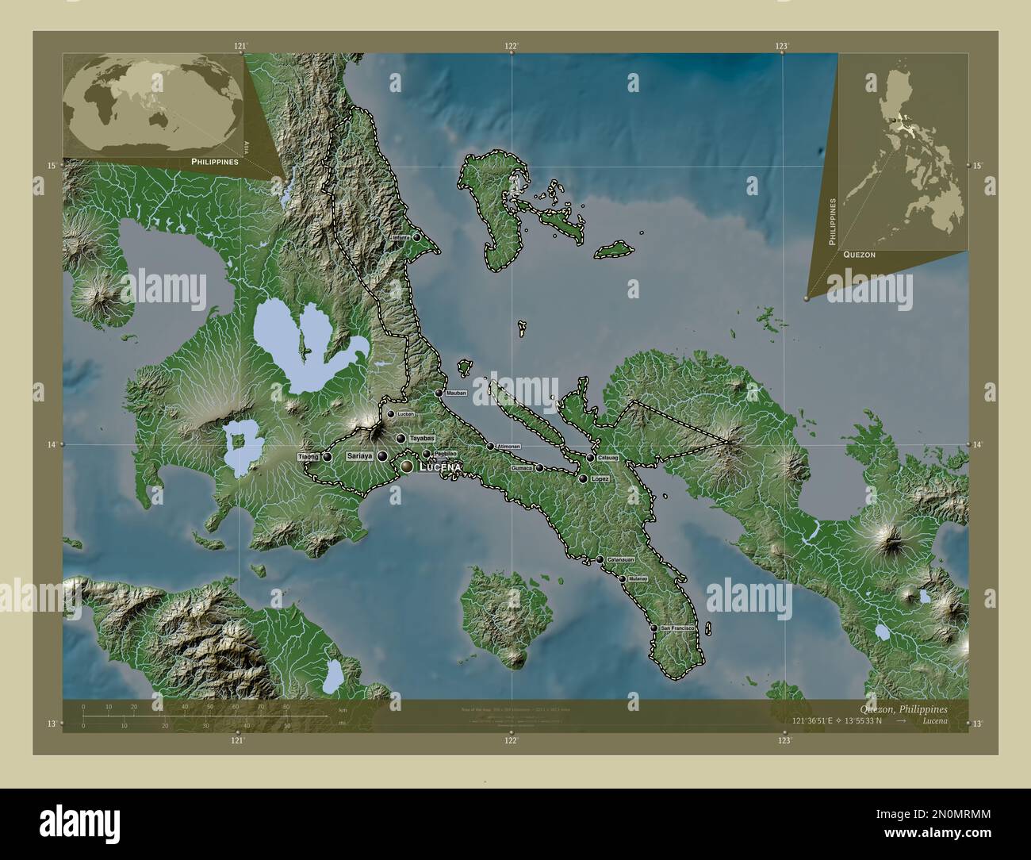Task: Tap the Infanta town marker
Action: tap(417, 236)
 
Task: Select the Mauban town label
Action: tap(456, 394)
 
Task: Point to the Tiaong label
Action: tap(309, 457)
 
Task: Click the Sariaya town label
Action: tap(360, 456)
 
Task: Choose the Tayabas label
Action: tap(422, 438)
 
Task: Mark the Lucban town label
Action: tap(404, 414)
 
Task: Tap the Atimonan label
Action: tap(508, 447)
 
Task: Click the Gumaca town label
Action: tap(522, 468)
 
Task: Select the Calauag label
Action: tap(608, 458)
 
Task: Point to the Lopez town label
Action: tap(600, 479)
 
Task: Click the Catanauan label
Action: tap(621, 560)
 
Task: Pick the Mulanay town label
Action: tap(638, 579)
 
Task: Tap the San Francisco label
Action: tap(678, 628)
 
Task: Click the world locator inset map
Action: tap(153, 106)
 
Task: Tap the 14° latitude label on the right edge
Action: tap(977, 445)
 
